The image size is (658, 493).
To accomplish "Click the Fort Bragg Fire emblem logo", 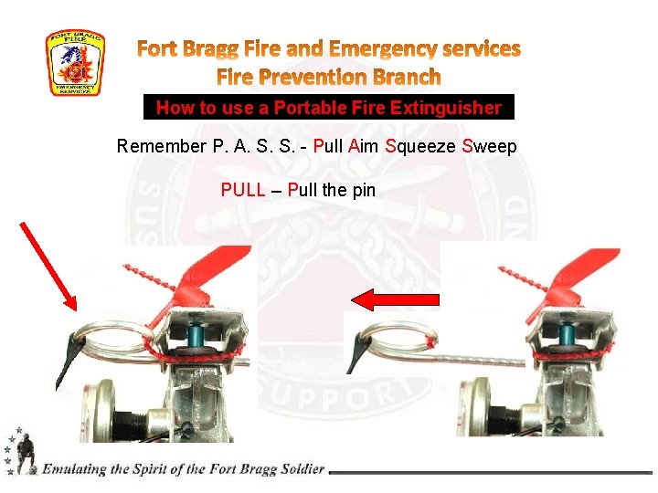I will tap(75, 63).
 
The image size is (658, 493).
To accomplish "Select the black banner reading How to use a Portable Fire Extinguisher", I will tap(329, 108).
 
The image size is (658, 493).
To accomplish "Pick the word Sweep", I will tap(489, 146).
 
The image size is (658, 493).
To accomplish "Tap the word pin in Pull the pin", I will tap(363, 191).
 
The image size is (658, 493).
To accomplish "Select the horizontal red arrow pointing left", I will tap(396, 299).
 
